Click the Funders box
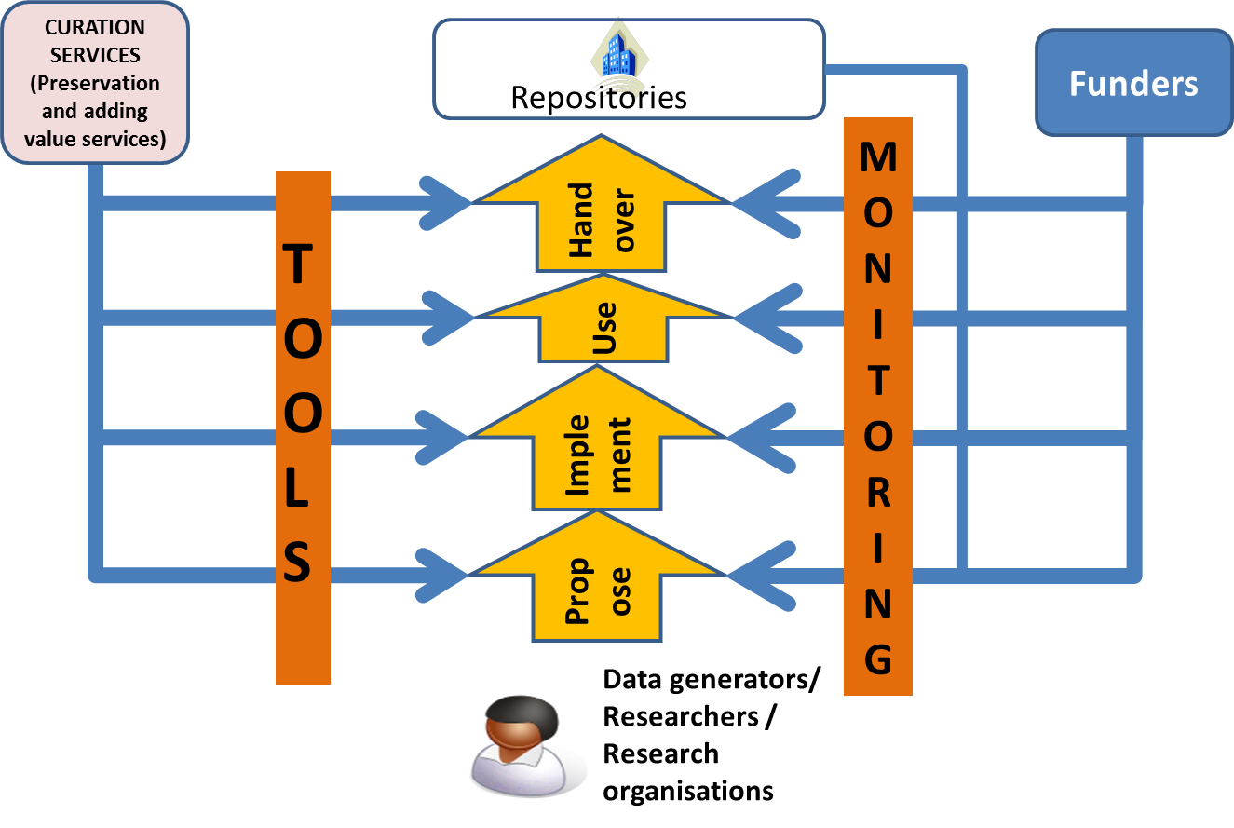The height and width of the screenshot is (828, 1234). click(1133, 84)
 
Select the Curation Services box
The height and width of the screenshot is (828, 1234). click(94, 84)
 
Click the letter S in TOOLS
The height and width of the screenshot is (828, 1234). click(297, 563)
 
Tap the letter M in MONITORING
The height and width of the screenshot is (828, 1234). click(877, 157)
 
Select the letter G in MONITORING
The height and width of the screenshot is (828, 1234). click(877, 659)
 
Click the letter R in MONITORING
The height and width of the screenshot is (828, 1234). click(877, 493)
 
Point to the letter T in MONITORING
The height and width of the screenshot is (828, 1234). click(877, 381)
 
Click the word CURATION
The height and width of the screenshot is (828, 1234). click(95, 28)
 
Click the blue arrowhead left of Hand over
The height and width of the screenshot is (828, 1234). click(447, 200)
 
